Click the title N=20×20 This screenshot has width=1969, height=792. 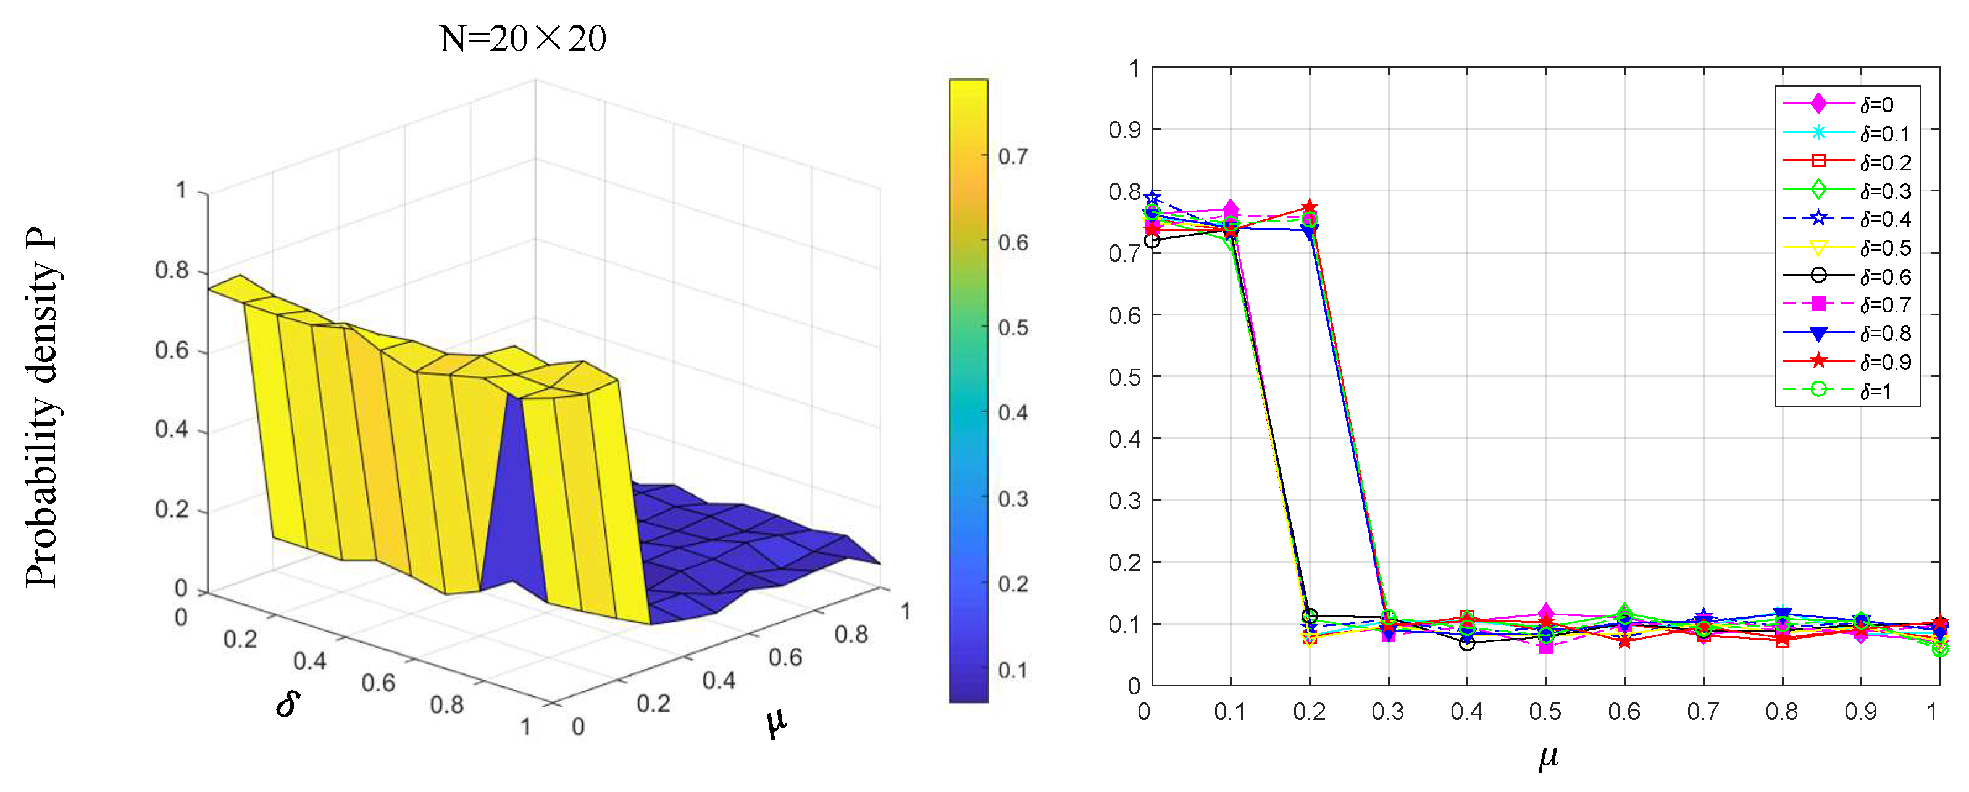point(523,38)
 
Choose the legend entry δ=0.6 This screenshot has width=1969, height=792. point(1885,277)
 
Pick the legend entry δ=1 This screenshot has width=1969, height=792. point(1877,391)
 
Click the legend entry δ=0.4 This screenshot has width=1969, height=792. point(1885,219)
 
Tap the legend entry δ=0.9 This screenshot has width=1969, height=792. point(1885,362)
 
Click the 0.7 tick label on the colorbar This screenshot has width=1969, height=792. point(1013,157)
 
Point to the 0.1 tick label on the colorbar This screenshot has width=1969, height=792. point(1013,670)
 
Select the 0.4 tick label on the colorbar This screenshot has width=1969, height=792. point(1013,413)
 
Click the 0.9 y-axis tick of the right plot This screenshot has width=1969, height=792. point(1124,130)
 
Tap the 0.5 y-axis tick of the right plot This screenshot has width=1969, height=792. point(1124,378)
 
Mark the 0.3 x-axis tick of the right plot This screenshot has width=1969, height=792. point(1387,712)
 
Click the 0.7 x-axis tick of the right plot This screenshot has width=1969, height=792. point(1703,712)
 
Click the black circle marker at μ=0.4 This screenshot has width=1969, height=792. point(1467,644)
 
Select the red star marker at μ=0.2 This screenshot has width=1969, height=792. point(1310,207)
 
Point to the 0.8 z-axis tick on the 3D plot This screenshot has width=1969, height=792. point(172,270)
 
